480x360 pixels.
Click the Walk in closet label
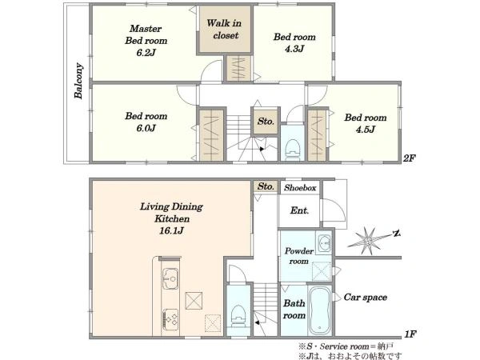point(224,29)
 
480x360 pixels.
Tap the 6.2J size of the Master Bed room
point(146,53)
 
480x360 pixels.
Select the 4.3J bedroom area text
point(294,49)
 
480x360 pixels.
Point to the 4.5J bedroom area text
point(366,130)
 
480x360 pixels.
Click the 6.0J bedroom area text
point(146,128)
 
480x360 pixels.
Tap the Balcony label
point(78,81)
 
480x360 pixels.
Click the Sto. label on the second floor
point(266,122)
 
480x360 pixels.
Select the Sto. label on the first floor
point(266,186)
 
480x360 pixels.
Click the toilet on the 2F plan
point(292,150)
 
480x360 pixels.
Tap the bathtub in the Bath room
point(320,310)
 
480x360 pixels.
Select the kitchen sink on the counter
point(170,278)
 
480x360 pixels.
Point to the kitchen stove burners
point(170,319)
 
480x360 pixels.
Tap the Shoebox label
point(300,188)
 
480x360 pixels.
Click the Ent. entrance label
point(299,210)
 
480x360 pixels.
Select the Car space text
point(366,297)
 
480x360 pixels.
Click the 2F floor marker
point(410,158)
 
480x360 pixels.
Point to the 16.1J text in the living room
point(171,230)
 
